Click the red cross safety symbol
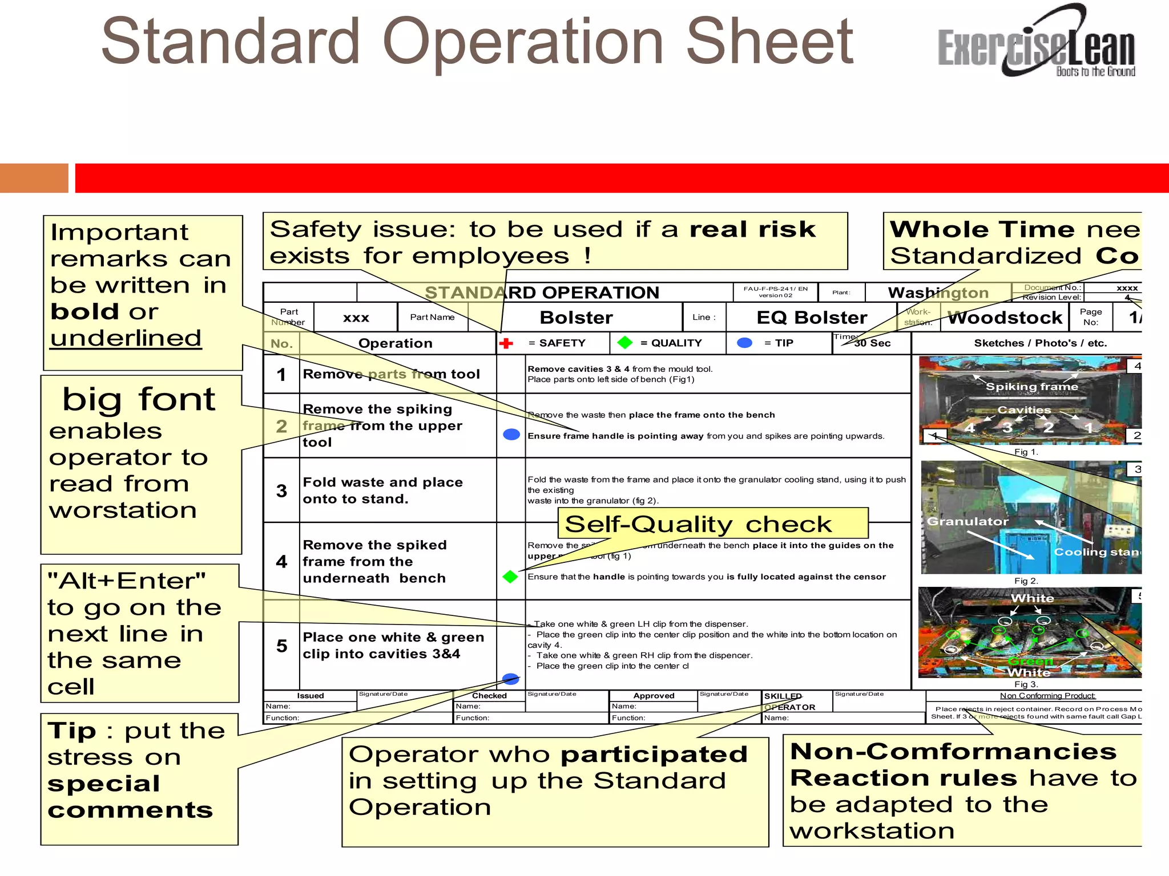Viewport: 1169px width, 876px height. coord(506,343)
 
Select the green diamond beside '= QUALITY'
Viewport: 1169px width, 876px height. coord(625,342)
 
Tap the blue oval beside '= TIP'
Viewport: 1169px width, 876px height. coord(744,343)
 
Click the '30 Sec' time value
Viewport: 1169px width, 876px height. coord(872,343)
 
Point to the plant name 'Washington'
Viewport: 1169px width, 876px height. coord(938,293)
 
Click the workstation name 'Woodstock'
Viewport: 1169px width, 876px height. coord(1005,318)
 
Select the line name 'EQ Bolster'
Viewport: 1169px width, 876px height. coord(811,318)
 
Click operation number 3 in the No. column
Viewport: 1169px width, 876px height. coord(281,490)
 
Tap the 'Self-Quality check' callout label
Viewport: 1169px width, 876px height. coord(698,524)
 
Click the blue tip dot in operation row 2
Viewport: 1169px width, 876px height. coord(511,435)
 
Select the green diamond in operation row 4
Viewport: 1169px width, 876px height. coord(510,577)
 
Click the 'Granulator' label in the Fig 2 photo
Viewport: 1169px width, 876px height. coord(968,521)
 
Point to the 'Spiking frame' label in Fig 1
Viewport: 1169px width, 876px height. coord(1032,387)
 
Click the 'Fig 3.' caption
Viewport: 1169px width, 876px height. coord(1026,684)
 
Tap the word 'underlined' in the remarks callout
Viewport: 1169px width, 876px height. coord(126,338)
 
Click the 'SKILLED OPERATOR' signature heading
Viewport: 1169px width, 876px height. coord(789,701)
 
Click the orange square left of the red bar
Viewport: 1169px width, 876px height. coord(34,178)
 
